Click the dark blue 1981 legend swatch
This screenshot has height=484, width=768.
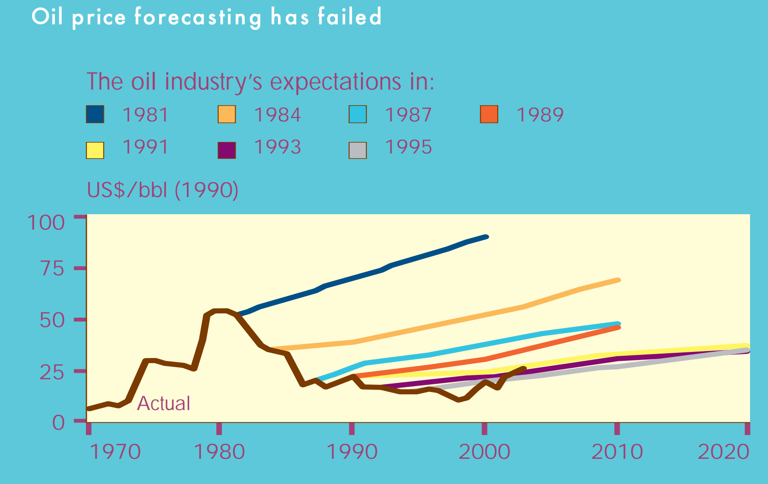(95, 114)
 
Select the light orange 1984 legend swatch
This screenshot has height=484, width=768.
(227, 114)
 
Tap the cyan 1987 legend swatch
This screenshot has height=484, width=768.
(357, 114)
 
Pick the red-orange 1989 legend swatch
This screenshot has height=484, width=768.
(489, 114)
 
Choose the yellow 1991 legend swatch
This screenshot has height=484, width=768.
(95, 150)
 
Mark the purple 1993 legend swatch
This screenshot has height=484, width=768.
(227, 150)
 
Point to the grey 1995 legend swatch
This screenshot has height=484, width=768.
(357, 150)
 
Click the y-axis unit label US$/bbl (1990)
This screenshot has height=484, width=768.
(162, 190)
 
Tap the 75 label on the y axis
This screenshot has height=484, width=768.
(52, 269)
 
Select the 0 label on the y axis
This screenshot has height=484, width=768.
(58, 422)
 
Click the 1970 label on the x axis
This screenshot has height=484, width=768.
(115, 452)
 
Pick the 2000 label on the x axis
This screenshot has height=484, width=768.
(484, 452)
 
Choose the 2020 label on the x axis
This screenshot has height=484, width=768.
(724, 452)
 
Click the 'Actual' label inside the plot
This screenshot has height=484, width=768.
(163, 403)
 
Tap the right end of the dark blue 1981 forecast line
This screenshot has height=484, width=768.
(486, 237)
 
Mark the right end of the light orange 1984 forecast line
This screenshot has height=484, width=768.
(618, 280)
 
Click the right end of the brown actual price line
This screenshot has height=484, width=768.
(524, 368)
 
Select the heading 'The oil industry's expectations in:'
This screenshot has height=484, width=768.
(260, 81)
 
